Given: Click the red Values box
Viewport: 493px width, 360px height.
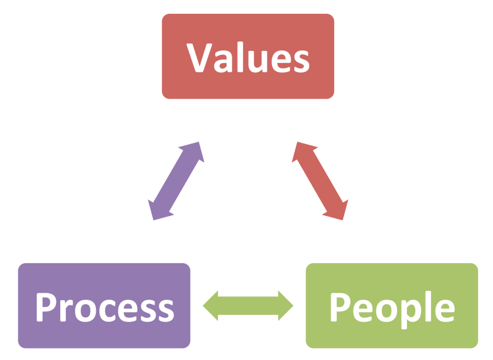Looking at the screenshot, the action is (x=248, y=56).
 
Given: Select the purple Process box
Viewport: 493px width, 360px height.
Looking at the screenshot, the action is (x=104, y=306).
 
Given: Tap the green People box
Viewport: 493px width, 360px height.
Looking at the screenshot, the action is (x=392, y=306).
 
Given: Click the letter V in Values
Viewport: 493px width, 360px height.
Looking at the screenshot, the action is (x=199, y=58).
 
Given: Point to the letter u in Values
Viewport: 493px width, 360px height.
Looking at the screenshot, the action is (x=257, y=61).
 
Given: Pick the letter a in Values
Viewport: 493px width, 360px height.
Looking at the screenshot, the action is (x=223, y=61).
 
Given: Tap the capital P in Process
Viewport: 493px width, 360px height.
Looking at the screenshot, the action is (x=47, y=307).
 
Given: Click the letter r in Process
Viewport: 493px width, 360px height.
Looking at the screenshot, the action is (x=66, y=310).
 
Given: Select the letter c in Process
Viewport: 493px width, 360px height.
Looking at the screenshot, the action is (x=107, y=311).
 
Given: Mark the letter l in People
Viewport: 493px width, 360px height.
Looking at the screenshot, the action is (x=428, y=306).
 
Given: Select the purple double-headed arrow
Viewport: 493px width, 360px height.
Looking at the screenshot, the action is (x=176, y=181).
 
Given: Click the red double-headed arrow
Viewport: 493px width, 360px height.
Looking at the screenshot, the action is (x=320, y=181).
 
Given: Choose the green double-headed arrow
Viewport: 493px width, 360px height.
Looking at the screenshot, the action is (x=248, y=306).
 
